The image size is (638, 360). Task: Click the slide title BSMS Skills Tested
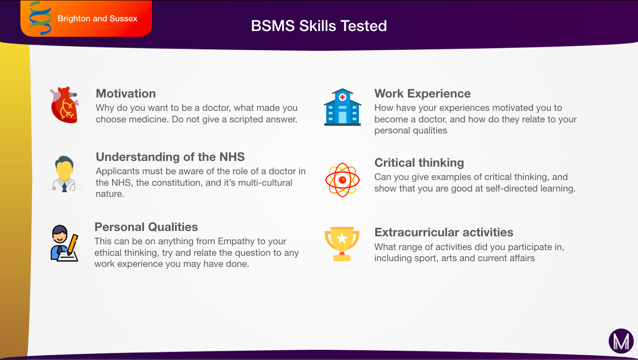[x=319, y=26]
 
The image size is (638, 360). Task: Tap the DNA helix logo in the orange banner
[x=40, y=18]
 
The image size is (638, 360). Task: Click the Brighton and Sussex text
[x=97, y=19]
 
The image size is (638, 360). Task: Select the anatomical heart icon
[x=65, y=105]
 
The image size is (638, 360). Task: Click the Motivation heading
[x=126, y=94]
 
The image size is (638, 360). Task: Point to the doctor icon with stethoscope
[x=65, y=174]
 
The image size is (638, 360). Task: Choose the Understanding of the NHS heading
[x=170, y=157]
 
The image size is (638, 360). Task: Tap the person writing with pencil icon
[x=64, y=243]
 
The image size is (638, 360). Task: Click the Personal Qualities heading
[x=146, y=227]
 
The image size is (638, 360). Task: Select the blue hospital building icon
[x=342, y=107]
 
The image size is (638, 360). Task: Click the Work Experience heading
[x=422, y=94]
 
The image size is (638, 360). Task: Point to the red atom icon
[x=342, y=180]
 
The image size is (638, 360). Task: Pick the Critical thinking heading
[x=419, y=163]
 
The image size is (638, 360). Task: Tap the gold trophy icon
[x=342, y=244]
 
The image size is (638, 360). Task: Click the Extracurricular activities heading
[x=444, y=232]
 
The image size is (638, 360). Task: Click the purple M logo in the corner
[x=621, y=341]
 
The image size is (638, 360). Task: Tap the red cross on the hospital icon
[x=342, y=98]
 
